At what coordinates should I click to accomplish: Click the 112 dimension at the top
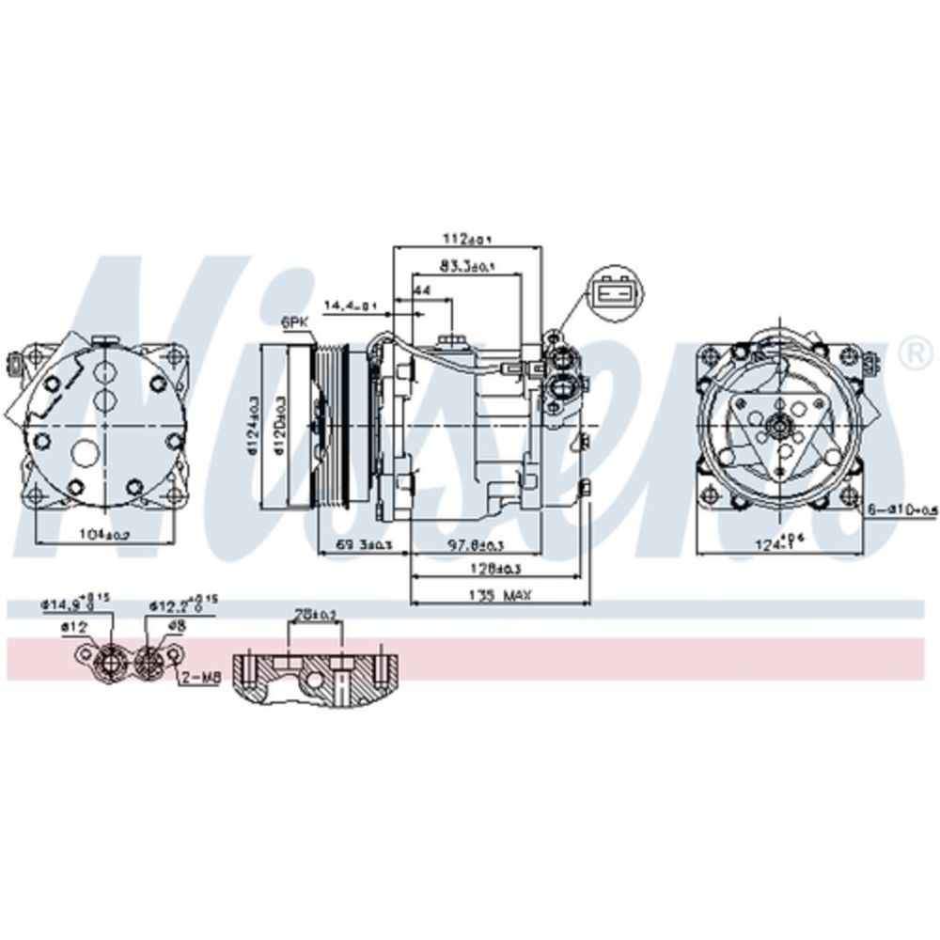467,237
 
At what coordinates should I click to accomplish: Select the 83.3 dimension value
467,266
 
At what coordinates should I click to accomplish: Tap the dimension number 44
422,292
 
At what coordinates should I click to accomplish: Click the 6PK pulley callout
294,321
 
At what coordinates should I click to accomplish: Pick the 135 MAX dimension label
498,595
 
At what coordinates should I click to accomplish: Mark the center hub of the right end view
779,426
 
